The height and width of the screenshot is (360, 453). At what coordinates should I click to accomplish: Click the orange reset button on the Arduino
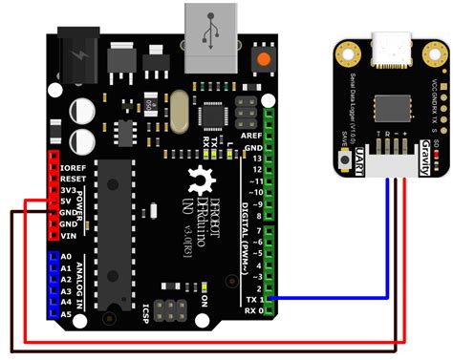point(260,60)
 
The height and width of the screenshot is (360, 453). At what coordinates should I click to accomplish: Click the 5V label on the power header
point(67,201)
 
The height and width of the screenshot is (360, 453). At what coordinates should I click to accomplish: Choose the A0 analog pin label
point(66,257)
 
